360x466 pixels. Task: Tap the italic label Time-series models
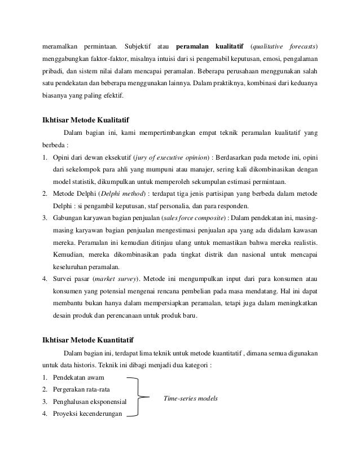click(190, 398)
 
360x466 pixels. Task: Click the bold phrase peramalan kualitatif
click(208, 45)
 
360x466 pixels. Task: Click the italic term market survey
click(119, 279)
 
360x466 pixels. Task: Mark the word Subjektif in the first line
click(139, 45)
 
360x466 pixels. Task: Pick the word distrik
click(195, 255)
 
